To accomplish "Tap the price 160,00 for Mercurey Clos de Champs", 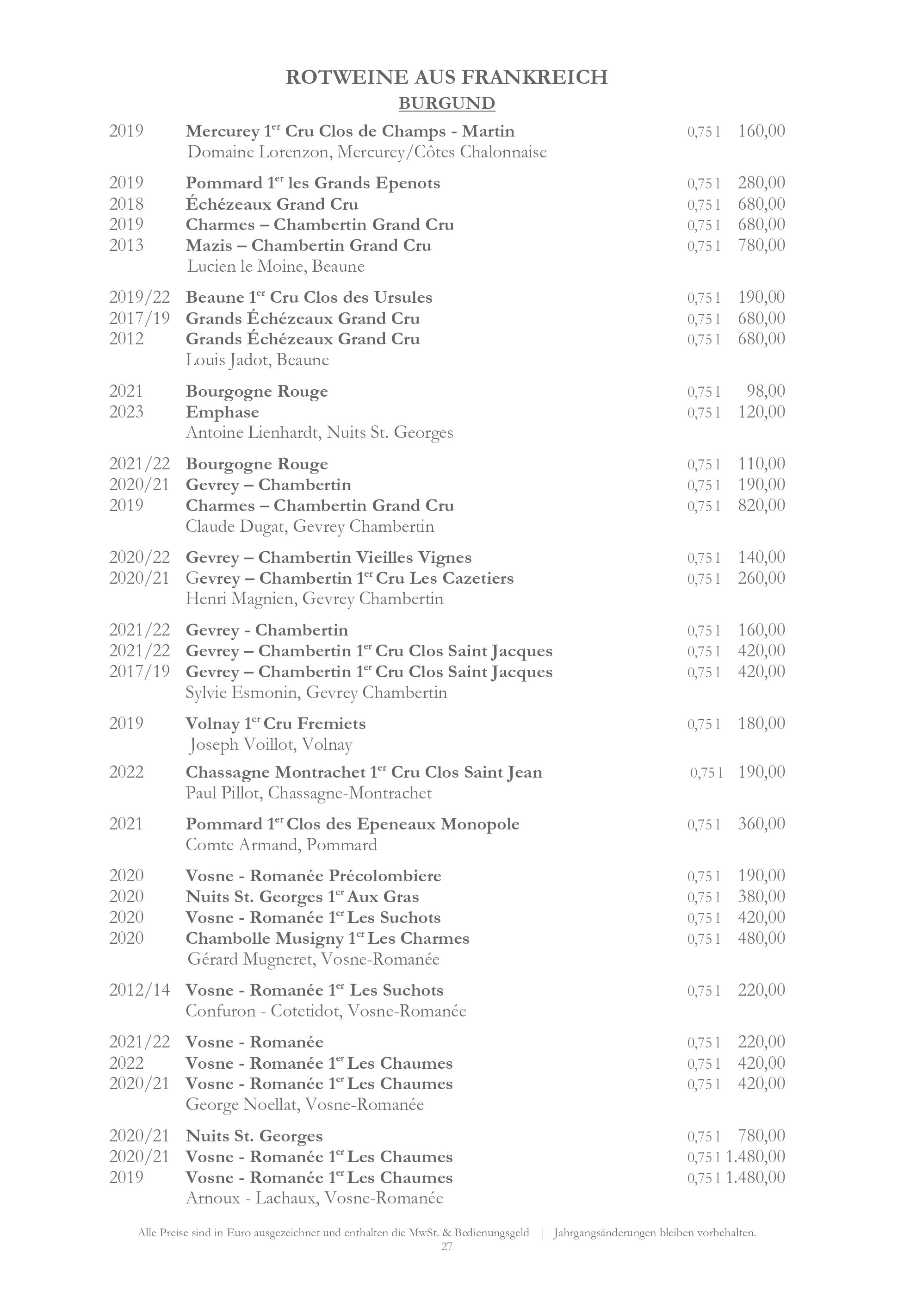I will point(761,131).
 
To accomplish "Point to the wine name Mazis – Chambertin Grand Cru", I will point(309,245).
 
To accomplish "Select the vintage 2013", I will point(126,245).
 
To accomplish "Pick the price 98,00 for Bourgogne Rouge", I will point(765,391).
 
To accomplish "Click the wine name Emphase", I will point(222,412).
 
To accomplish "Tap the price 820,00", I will point(761,505).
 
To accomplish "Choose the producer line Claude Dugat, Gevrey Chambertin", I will point(309,527).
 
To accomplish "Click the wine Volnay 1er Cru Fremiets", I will point(275,723).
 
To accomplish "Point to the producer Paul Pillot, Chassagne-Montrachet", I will point(309,793).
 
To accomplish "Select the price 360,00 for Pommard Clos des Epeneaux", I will point(761,823).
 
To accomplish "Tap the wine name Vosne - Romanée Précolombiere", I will point(313,876).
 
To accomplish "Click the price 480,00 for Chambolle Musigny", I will point(761,938).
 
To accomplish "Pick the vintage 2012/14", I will point(139,990).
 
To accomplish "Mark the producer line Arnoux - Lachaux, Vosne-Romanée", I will point(314,1198).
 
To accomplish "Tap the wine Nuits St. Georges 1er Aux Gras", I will point(302,897).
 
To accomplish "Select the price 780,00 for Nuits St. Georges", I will point(761,1136).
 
